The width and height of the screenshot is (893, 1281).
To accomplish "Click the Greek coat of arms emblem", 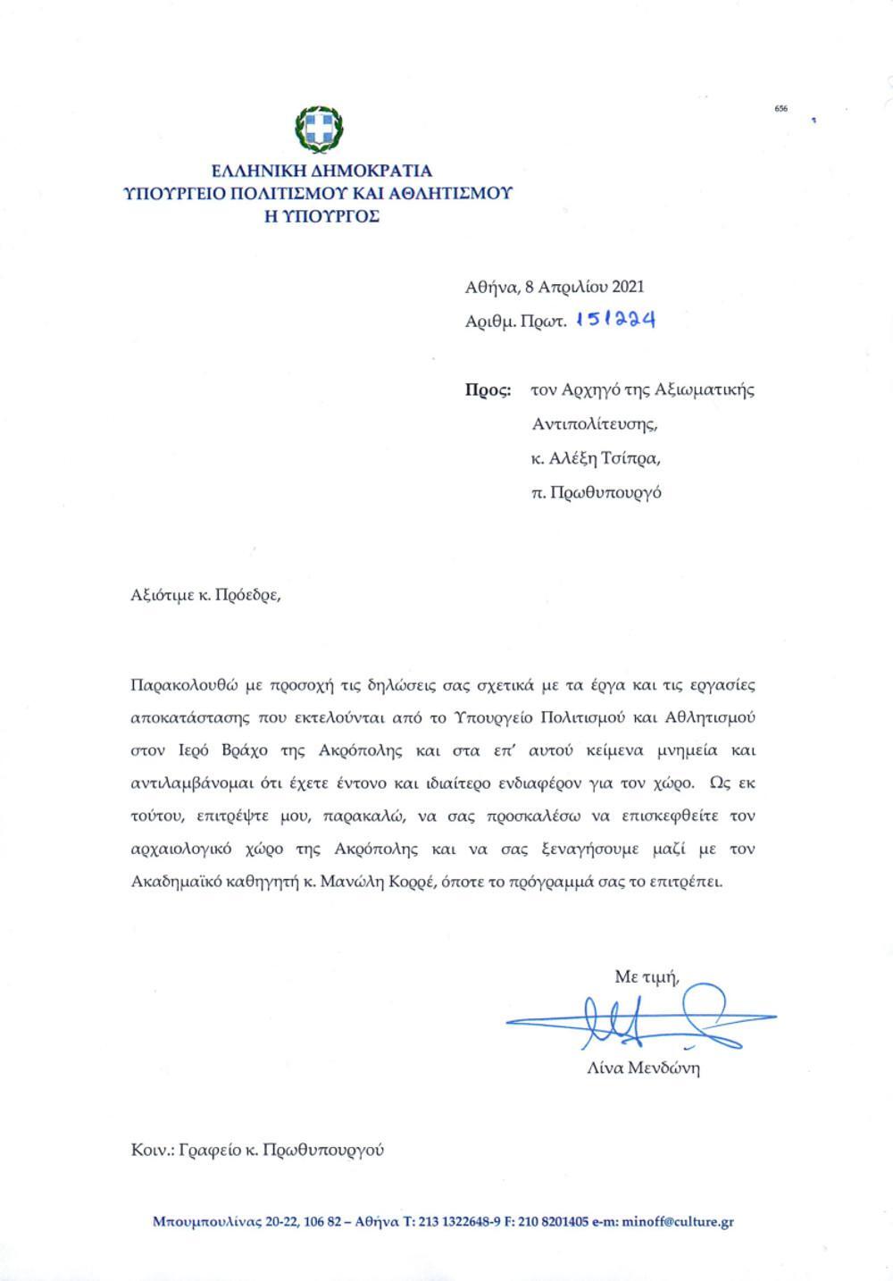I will coord(319,129).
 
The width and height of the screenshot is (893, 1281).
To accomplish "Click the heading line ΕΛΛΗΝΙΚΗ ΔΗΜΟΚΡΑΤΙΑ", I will coord(321,170).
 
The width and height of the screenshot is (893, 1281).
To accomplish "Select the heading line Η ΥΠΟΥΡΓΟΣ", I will coord(321,215).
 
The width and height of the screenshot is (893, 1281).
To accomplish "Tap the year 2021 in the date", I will coord(626,287).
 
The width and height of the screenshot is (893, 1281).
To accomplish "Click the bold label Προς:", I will coord(488,389).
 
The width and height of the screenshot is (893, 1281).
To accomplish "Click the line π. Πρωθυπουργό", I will coord(596,492).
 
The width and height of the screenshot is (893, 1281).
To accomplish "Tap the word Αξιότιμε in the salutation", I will coord(163,595).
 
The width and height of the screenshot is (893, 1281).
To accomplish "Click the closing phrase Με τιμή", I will coord(647,976).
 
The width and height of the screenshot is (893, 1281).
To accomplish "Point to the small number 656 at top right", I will coord(781,108).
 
